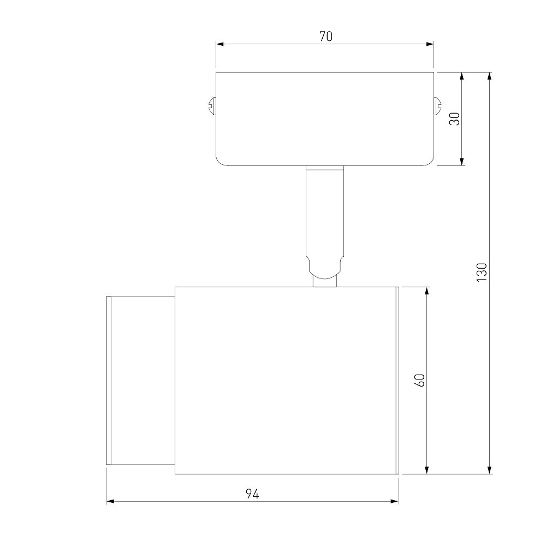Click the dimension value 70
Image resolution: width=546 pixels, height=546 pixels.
[x=326, y=36]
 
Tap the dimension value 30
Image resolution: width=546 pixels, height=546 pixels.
[x=455, y=118]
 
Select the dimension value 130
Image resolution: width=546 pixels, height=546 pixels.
[x=482, y=272]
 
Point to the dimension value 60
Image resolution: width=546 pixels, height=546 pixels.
[x=420, y=380]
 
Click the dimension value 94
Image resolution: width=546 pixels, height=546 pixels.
[x=252, y=494]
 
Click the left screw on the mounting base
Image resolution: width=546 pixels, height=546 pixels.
[x=212, y=106]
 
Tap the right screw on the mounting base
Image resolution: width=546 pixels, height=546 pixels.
[x=437, y=106]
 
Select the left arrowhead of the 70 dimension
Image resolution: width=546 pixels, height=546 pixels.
[x=219, y=44]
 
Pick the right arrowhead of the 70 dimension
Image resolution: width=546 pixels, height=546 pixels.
[x=430, y=44]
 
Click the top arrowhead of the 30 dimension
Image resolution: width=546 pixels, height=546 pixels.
[x=462, y=76]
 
